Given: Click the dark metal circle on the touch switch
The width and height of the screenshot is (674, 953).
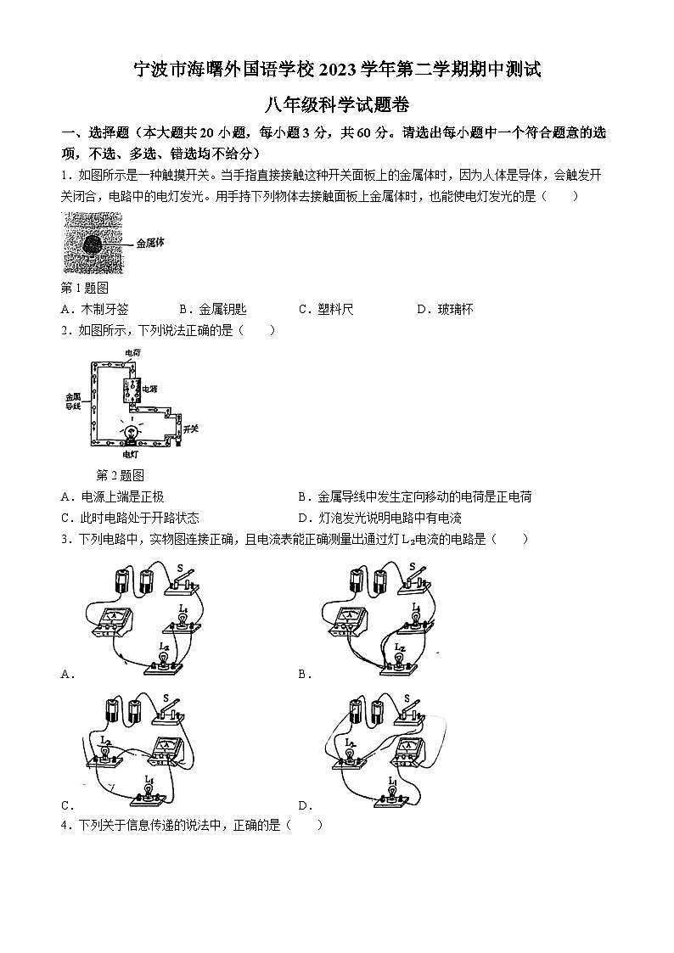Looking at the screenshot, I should coord(92,244).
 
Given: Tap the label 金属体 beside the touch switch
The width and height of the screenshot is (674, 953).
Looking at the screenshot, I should coord(149,243).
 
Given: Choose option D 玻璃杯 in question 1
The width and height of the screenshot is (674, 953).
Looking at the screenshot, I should coord(445,310).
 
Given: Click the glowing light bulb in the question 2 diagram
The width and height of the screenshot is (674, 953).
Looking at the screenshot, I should coord(132,433).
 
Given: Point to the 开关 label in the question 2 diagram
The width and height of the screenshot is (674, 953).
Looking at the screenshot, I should coord(190,429).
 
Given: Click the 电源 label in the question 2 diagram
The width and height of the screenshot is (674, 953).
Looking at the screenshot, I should coord(149,389).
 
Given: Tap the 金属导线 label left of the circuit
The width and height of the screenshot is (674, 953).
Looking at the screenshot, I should coord(72,401).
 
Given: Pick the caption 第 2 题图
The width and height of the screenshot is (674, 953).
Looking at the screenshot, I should coord(121,474).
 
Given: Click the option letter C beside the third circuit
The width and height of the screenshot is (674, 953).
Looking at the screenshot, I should coord(65,805).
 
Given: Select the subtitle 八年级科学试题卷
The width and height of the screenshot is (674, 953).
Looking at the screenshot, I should coord(337,105).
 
